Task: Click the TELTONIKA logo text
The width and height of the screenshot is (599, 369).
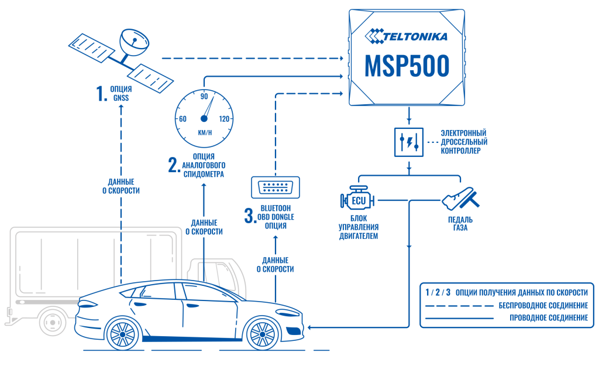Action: point(414,36)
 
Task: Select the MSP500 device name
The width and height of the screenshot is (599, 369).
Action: point(407,65)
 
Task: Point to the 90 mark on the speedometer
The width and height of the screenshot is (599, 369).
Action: point(204,96)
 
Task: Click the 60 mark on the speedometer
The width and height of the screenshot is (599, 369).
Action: point(183,119)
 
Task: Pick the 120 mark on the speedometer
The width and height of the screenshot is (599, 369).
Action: point(224,119)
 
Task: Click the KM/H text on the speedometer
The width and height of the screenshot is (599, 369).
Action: point(204,132)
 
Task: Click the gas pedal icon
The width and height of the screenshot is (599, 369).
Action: point(460,199)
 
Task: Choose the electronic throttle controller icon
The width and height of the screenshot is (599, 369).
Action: point(408,142)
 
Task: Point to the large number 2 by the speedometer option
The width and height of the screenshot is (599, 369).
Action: point(173,165)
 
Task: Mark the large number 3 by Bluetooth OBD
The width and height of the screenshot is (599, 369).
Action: point(248,216)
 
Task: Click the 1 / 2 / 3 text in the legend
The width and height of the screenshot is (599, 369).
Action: point(438,292)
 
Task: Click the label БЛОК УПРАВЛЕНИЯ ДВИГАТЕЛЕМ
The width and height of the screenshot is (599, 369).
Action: point(359,228)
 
